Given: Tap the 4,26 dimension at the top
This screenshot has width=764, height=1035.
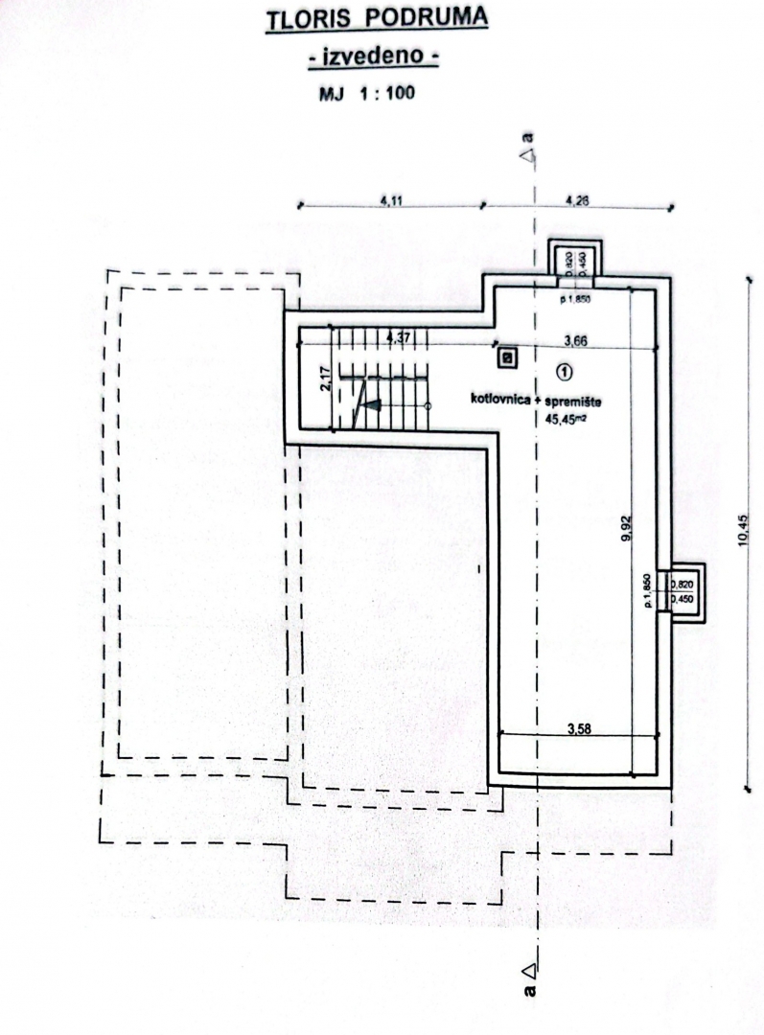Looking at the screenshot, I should (x=577, y=200).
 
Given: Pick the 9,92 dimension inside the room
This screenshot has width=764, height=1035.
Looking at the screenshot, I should (x=626, y=530).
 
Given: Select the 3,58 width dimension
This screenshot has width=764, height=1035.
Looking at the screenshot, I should (x=579, y=729).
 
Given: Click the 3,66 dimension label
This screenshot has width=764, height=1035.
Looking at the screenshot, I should (x=575, y=338).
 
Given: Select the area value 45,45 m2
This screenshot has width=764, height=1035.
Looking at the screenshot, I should (x=566, y=417).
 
